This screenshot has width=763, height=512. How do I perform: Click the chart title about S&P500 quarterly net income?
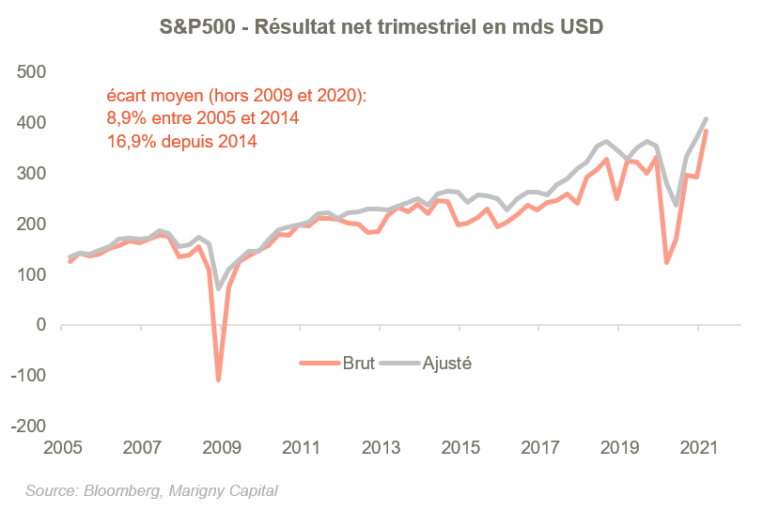pos(381,28)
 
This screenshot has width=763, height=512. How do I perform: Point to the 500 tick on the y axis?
pos(33,72)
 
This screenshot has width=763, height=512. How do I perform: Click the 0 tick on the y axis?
pos(40,325)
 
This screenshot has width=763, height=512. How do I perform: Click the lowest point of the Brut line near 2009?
pos(218,380)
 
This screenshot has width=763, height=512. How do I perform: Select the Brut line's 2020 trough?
pos(667,263)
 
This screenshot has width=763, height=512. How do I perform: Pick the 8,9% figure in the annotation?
pos(126,118)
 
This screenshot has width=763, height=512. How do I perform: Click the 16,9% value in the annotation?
pos(130,142)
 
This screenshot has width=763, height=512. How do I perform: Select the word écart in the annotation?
pos(126,96)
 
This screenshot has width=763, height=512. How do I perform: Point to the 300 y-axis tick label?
pos(33,174)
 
